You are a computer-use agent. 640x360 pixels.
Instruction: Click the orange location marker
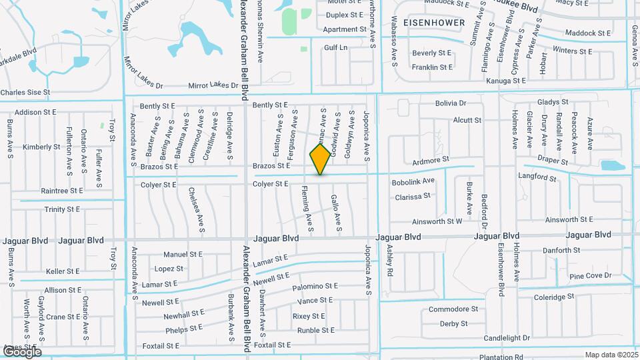(320, 159)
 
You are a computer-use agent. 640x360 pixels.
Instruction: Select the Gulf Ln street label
(336, 48)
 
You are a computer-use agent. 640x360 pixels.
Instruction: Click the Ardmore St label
(431, 161)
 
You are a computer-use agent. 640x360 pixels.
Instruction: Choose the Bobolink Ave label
(413, 181)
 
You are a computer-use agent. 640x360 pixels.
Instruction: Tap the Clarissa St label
(413, 197)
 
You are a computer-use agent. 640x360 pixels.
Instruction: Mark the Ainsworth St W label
(437, 221)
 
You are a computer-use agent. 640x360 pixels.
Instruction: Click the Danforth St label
(561, 251)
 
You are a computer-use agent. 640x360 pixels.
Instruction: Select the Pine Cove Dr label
(590, 276)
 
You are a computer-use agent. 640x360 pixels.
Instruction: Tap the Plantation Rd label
(519, 357)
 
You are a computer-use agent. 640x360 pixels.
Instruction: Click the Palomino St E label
(315, 287)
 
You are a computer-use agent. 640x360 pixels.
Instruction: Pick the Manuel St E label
(183, 254)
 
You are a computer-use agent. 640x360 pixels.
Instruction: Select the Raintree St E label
(61, 191)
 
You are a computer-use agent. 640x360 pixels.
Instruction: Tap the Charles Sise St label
(25, 93)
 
